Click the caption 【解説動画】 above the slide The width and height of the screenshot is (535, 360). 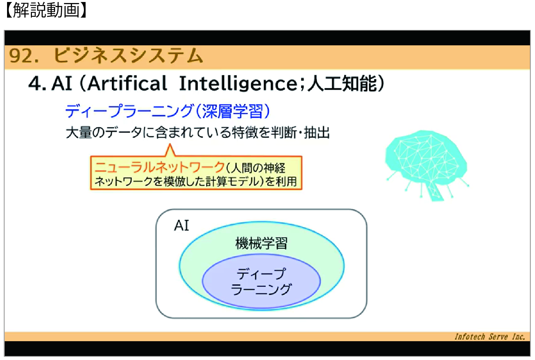click(46, 10)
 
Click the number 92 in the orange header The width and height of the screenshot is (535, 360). click(20, 56)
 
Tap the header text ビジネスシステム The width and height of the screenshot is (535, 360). click(128, 56)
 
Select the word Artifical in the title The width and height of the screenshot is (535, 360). click(127, 83)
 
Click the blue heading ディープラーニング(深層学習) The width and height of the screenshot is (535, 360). click(167, 111)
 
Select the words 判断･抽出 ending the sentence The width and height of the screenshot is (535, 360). click(300, 132)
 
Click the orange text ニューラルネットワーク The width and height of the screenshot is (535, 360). click(159, 167)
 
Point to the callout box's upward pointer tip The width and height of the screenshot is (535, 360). click(170, 144)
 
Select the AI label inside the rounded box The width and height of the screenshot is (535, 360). click(182, 225)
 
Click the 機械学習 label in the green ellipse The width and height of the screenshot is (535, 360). click(261, 243)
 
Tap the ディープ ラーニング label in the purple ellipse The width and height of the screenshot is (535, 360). click(261, 281)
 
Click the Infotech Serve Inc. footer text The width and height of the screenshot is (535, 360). click(490, 336)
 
